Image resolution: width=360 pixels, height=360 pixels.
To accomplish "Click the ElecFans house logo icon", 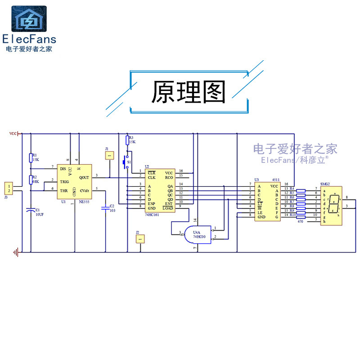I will tap(29, 19).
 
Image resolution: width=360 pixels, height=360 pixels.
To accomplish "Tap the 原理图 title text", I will tap(188, 92).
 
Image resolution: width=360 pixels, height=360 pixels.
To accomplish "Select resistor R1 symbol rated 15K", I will tap(31, 157).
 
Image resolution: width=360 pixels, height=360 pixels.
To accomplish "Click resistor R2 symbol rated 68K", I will tap(31, 180).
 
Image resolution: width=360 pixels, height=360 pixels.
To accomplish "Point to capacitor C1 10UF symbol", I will tap(31, 210).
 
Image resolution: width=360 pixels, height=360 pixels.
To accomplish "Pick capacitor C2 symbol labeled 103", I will tap(105, 207).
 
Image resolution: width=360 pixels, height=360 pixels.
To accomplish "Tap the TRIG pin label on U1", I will tap(64, 182).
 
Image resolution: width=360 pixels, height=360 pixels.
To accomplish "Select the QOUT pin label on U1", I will tap(84, 177).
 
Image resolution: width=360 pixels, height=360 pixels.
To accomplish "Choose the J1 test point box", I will tap(109, 155).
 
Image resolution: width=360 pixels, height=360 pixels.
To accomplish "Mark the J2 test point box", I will tap(140, 239).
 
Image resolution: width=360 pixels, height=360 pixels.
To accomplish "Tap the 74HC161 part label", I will tap(152, 215).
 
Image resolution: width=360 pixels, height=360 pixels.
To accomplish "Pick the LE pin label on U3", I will tap(260, 212).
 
